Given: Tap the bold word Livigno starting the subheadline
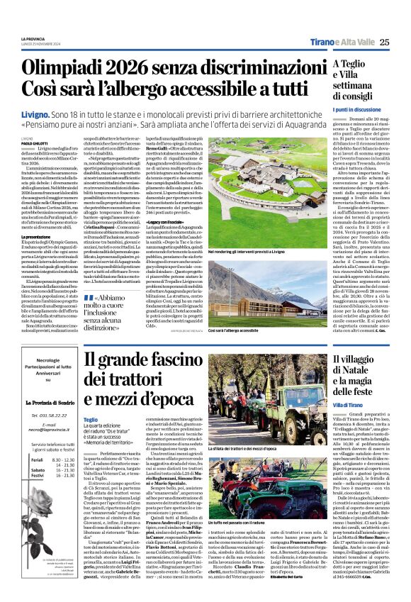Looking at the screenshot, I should point(34,113).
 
